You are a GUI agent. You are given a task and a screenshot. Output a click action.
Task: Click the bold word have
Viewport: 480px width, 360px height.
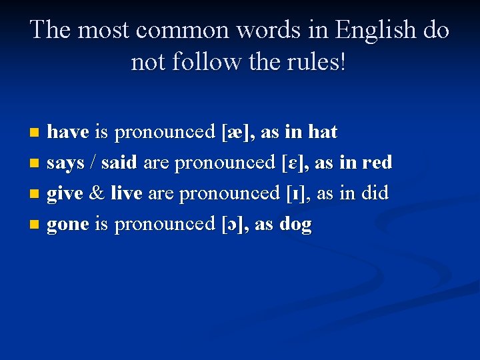pyautogui.click(x=67, y=132)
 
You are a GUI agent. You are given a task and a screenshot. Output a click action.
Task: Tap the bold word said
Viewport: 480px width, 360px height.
pyautogui.click(x=119, y=163)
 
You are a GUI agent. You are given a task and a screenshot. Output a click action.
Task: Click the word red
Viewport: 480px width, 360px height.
pyautogui.click(x=377, y=163)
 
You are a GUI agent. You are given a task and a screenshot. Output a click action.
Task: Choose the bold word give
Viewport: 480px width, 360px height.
pyautogui.click(x=65, y=193)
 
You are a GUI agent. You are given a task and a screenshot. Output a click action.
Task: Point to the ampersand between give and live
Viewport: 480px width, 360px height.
pyautogui.click(x=97, y=193)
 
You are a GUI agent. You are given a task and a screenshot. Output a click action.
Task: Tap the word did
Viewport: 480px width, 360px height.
pyautogui.click(x=374, y=193)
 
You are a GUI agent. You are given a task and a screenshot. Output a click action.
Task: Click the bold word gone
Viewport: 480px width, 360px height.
pyautogui.click(x=67, y=224)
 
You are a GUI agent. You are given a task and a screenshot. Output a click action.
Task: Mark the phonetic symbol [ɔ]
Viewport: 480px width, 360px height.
pyautogui.click(x=234, y=224)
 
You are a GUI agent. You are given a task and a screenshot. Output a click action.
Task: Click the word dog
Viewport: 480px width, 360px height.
pyautogui.click(x=297, y=225)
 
